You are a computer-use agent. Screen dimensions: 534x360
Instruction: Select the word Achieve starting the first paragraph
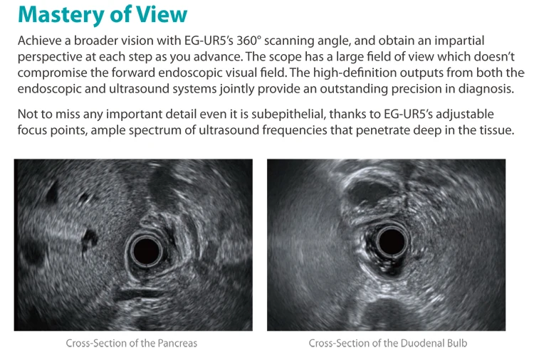[39, 41]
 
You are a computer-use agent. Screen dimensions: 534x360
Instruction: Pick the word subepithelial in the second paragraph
[287, 114]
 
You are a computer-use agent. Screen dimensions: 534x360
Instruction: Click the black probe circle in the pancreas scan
[147, 250]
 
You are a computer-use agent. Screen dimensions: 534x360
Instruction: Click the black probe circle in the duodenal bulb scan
[392, 241]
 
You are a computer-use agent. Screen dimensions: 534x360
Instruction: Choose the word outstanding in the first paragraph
[353, 89]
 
